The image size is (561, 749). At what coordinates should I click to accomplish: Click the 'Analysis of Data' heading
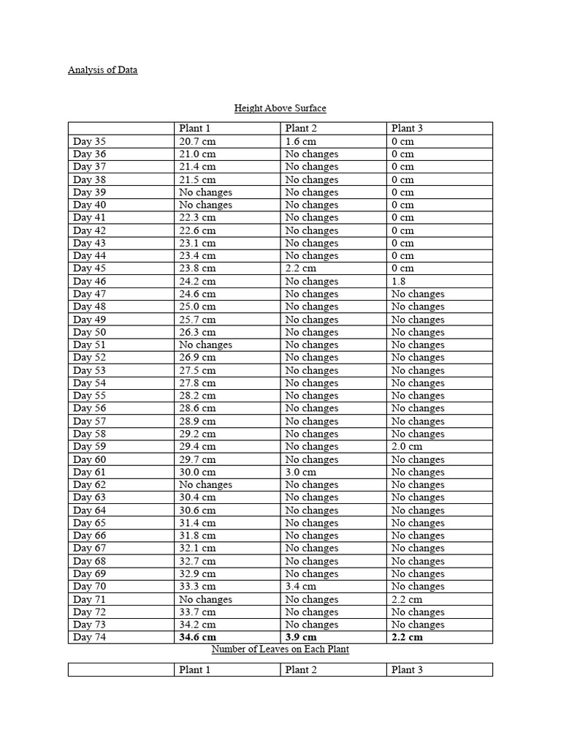coord(102,70)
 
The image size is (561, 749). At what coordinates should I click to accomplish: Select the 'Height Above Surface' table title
coord(280,108)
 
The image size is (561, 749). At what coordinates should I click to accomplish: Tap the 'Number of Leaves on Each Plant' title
coord(280,650)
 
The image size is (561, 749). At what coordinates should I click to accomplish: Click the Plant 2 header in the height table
coord(301,129)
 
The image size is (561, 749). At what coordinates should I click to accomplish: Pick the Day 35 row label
coord(89,141)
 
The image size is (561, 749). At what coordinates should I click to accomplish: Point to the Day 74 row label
coord(89,637)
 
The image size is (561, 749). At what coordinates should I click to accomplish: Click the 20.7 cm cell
coord(197,141)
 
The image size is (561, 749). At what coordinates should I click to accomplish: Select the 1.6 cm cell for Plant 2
coord(301,141)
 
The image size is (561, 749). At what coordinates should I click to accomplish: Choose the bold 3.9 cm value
coord(302,637)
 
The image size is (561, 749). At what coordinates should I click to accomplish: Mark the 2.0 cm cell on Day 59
coord(407,446)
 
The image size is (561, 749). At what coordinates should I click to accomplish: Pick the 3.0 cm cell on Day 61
coord(301,472)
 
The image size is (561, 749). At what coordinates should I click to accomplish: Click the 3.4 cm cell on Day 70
coord(301,587)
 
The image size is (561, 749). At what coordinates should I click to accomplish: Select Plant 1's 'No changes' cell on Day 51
coord(205,345)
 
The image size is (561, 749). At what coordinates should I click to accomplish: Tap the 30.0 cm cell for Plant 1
coord(197,472)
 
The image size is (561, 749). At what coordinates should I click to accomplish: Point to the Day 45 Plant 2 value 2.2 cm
coord(301,268)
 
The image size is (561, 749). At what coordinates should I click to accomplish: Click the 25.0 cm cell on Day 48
coord(197,306)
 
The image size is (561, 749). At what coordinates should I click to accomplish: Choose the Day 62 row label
coord(89,485)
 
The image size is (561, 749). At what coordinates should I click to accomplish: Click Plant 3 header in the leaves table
coord(407,670)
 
